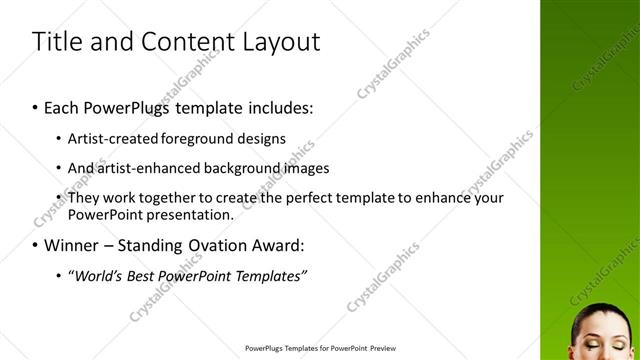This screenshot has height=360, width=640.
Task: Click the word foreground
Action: pyautogui.click(x=207, y=139)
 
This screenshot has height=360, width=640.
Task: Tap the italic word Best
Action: pyautogui.click(x=145, y=275)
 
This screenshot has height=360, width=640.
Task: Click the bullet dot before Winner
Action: pyautogui.click(x=35, y=245)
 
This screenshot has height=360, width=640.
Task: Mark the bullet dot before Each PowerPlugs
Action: pyautogui.click(x=35, y=105)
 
